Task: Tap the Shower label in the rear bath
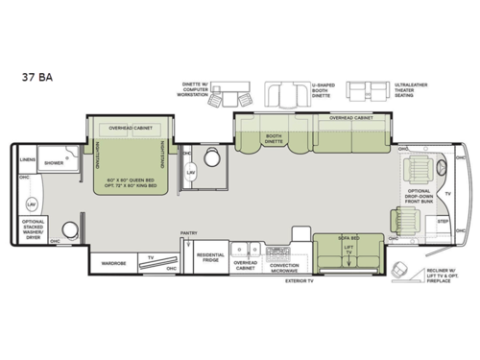click(x=56, y=162)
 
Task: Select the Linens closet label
click(x=28, y=161)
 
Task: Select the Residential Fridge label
click(x=209, y=256)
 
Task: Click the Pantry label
click(x=188, y=233)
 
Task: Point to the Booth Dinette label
click(x=274, y=139)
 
